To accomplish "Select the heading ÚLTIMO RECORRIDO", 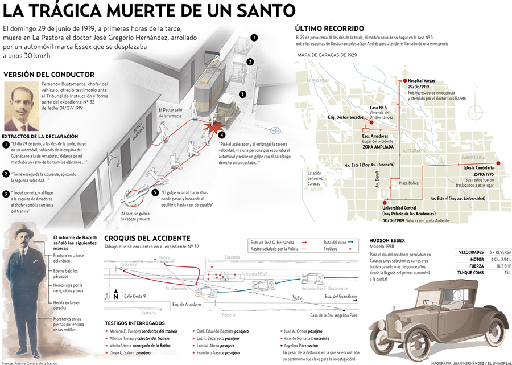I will point(329,28).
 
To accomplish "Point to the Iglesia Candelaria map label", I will point(478,167).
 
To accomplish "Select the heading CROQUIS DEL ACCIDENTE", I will point(147,237).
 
